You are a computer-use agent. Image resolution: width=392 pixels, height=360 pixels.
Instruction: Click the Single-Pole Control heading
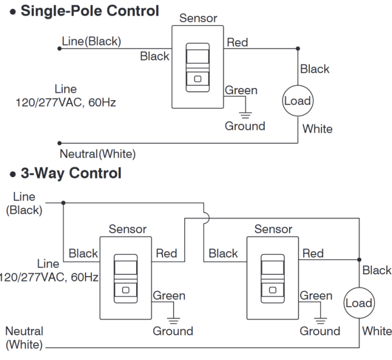(90, 11)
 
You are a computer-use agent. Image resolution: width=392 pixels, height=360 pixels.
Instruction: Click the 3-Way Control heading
(71, 173)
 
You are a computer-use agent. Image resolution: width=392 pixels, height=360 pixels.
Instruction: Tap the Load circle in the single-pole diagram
(298, 101)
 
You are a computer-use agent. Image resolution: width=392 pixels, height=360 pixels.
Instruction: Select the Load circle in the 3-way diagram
(359, 303)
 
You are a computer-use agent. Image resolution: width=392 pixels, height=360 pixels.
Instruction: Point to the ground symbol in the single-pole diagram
(245, 115)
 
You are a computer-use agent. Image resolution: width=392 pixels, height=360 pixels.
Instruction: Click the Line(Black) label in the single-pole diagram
(91, 41)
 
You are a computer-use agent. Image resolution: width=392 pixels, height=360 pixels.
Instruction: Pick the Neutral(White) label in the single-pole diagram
(98, 154)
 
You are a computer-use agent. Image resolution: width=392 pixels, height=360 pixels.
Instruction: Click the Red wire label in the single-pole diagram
(237, 42)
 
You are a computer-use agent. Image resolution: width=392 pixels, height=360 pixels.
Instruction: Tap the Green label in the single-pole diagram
(241, 90)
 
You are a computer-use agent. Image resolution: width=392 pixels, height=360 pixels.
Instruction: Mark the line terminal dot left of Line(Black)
(59, 49)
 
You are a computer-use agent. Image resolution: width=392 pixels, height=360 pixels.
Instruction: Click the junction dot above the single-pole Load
(298, 49)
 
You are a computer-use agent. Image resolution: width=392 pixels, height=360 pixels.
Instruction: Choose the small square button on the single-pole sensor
(198, 79)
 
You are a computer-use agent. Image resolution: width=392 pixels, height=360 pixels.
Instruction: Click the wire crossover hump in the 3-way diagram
(207, 218)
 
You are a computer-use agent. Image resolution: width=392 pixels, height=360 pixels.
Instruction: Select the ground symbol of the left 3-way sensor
(174, 320)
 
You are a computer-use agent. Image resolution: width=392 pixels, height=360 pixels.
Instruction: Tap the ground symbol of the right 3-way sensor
(320, 320)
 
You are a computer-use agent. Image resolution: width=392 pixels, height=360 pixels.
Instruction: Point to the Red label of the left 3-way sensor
(166, 253)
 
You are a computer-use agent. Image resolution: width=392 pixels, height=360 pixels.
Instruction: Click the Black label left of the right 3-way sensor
(223, 253)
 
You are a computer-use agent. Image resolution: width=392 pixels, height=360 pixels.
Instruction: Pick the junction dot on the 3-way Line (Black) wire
(63, 203)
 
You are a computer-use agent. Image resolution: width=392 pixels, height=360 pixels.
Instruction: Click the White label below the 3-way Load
(377, 331)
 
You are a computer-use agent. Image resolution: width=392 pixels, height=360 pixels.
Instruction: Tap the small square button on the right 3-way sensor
(273, 290)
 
